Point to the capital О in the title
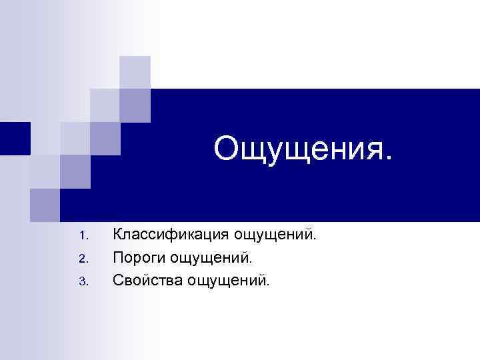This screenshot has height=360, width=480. [x=227, y=149]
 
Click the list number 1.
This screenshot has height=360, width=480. [x=82, y=236]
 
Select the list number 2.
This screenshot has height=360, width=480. [x=82, y=258]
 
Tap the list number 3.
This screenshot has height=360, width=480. [x=82, y=281]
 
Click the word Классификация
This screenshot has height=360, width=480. [x=172, y=235]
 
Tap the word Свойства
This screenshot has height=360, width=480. [x=147, y=279]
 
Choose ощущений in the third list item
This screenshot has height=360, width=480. [x=227, y=281]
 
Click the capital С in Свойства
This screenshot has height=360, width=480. [x=118, y=279]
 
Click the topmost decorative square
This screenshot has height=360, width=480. [x=135, y=72]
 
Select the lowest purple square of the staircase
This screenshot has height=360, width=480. [x=45, y=205]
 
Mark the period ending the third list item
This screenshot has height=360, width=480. [x=269, y=284]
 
